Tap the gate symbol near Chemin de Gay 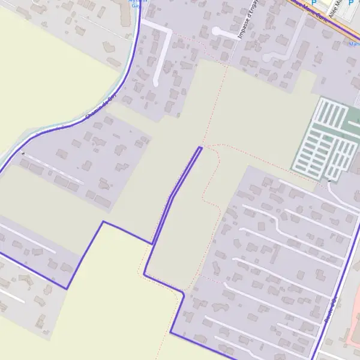(x=23, y=154)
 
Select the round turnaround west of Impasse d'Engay (x=217, y=31)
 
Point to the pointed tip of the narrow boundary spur (x=200, y=147)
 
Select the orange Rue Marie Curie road (x=324, y=24)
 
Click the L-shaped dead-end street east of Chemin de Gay (x=161, y=48)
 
